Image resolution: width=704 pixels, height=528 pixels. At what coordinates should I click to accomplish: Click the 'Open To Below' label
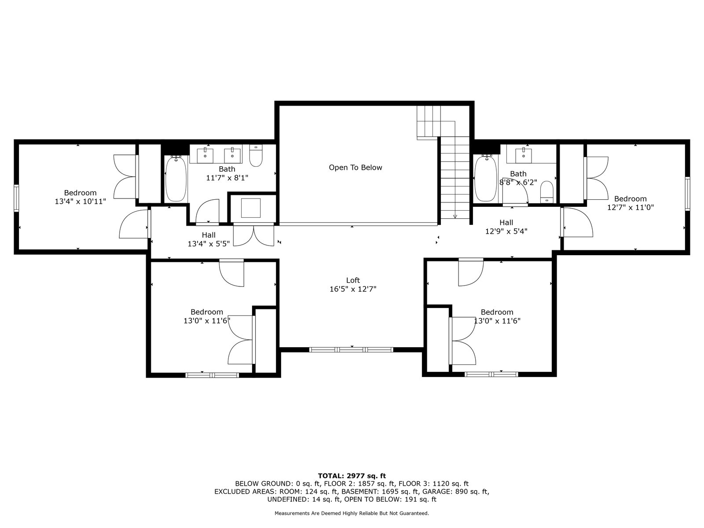coord(356,167)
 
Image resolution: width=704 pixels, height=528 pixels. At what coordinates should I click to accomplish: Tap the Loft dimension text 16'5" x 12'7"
coord(353,289)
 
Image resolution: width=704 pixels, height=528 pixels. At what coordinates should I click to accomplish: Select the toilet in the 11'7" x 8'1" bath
coord(256,155)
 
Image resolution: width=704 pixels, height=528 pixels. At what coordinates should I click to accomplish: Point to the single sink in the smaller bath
coord(524,155)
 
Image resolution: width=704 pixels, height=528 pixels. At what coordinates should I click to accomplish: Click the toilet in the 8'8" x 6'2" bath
coord(547,192)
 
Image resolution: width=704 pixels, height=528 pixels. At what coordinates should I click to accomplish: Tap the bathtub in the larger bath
coord(176,178)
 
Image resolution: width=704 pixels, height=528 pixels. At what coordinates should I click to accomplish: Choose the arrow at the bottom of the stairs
coord(455,216)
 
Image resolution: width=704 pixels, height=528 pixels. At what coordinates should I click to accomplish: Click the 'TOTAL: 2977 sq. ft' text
coord(352,476)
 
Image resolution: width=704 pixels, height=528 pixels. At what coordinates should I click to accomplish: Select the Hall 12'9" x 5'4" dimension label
coord(506,231)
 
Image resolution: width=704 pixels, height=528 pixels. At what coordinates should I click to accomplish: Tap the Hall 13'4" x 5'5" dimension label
coord(209,244)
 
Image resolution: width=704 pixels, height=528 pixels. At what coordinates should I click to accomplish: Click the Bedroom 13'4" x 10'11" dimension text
coord(80,202)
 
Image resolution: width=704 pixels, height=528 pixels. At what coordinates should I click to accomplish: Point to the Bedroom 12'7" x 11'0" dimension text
coord(630,207)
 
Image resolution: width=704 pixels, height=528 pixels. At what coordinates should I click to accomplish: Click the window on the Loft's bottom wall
coord(351,350)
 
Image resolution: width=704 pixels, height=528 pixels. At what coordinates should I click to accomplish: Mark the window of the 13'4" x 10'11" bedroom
coord(16,198)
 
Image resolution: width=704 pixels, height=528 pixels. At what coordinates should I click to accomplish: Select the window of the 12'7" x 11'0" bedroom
coord(687,194)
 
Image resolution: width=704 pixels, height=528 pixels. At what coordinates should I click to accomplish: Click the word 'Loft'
coord(353,280)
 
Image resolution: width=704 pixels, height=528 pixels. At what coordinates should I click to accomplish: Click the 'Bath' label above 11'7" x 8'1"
coord(227,169)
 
